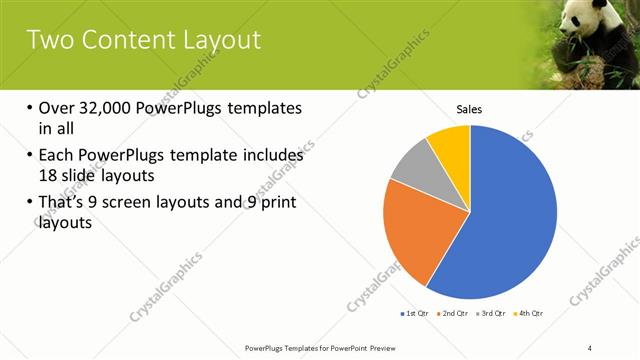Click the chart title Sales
point(470,109)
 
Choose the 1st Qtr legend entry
point(414,314)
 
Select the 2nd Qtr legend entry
point(455,314)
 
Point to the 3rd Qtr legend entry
point(494,314)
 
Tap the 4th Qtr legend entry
point(531,314)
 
